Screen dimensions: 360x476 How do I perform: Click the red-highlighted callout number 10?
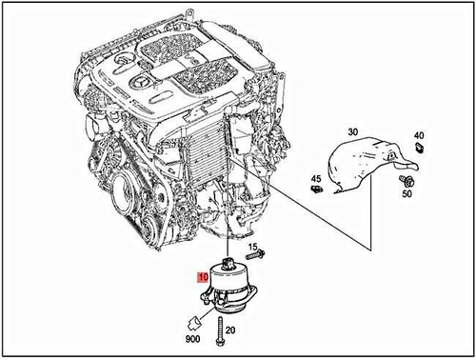point(200,277)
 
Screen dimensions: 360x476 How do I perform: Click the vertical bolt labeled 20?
point(219,333)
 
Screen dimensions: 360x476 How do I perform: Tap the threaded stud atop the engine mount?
point(228,260)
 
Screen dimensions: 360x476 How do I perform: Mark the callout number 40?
point(420,134)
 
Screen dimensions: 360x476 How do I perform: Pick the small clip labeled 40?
point(420,150)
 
